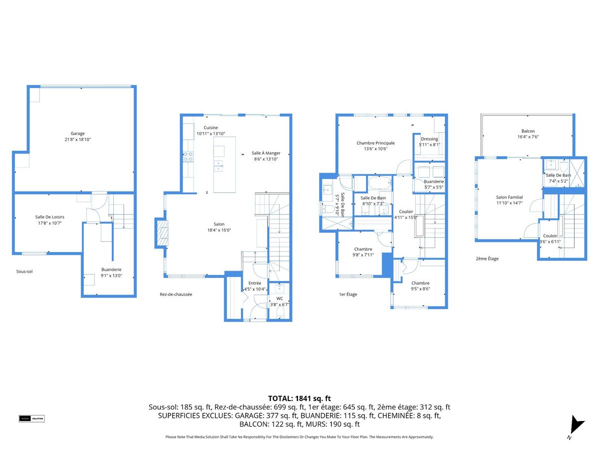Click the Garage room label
point(77,133)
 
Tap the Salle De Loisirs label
point(49,217)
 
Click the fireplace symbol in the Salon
point(162,233)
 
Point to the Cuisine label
point(211,128)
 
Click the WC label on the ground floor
point(280,298)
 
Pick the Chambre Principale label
point(375,143)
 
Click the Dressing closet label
point(429,139)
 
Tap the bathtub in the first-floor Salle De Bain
point(380,183)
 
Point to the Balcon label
point(528,131)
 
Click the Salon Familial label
point(509,197)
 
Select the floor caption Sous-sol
point(24,271)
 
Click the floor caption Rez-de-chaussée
point(172,294)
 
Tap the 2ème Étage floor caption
point(487,258)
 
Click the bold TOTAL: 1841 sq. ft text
point(299,398)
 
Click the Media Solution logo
point(32,419)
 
